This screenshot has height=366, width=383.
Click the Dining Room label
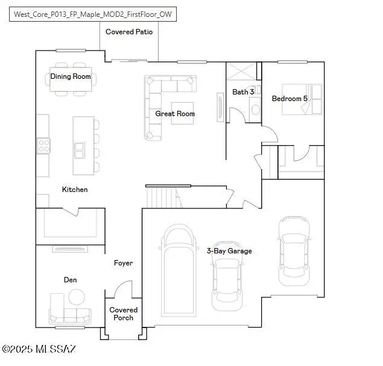(x=71, y=76)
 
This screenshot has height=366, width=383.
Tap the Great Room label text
(x=175, y=113)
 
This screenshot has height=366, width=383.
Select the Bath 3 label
(x=243, y=92)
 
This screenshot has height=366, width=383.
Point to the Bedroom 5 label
(x=290, y=98)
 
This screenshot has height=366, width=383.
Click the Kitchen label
(x=75, y=190)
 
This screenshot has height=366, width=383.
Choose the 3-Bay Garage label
(x=229, y=250)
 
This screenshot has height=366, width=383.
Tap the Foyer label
(x=123, y=263)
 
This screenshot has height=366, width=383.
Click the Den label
(x=71, y=280)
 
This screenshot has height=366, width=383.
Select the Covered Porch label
(x=123, y=314)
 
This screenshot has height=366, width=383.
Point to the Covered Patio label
(x=129, y=32)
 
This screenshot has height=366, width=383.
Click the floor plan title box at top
(x=93, y=14)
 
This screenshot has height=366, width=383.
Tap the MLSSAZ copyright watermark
(x=39, y=349)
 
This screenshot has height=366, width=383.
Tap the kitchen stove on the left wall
(x=43, y=145)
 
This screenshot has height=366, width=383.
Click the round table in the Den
(x=77, y=297)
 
